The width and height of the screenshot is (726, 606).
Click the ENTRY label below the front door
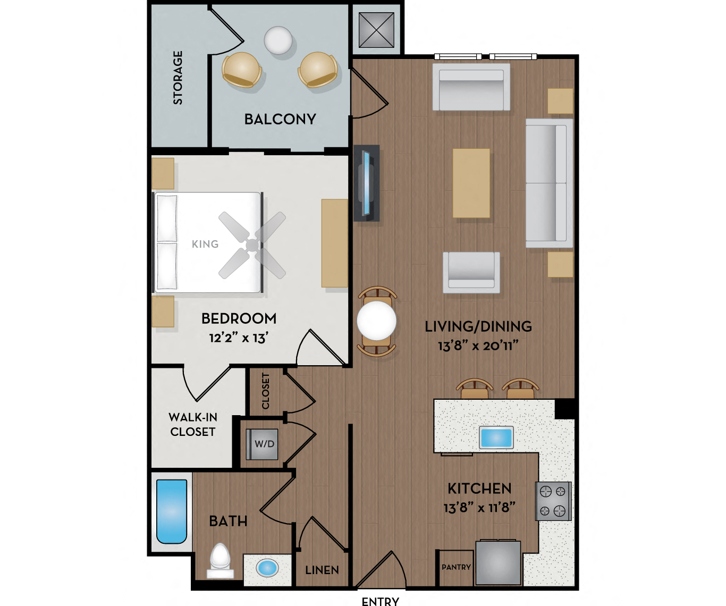tap(380, 601)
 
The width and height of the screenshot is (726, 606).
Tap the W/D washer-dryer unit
tap(263, 444)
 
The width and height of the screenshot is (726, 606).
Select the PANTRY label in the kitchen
tap(456, 567)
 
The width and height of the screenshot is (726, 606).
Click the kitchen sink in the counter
tap(496, 437)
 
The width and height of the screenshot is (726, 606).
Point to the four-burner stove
tap(553, 501)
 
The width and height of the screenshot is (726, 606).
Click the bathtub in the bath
tap(172, 511)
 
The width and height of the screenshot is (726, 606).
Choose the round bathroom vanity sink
tap(267, 568)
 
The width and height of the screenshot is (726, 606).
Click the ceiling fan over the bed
tap(252, 245)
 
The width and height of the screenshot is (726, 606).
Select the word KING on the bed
tap(205, 244)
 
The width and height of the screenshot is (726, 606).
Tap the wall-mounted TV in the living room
tap(366, 183)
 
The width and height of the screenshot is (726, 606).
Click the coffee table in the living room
tap(471, 183)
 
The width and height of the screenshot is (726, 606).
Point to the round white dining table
tap(376, 321)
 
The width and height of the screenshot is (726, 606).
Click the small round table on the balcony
tap(278, 40)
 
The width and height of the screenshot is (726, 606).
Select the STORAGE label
tap(178, 78)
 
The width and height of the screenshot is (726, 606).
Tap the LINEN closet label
tap(322, 570)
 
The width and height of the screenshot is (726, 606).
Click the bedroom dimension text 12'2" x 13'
tap(239, 338)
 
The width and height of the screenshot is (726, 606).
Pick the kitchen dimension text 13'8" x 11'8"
tap(479, 508)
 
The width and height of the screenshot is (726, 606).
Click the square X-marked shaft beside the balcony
tap(376, 30)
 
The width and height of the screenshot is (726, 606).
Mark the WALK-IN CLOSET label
tap(193, 425)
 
